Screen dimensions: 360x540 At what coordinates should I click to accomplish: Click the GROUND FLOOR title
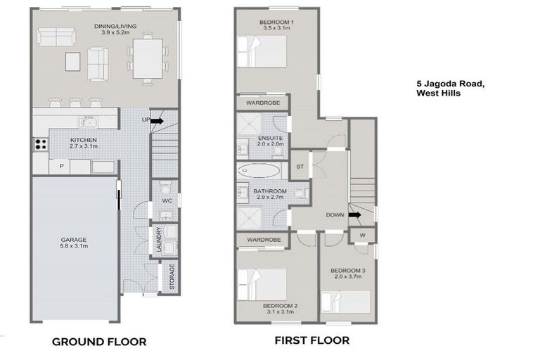coord(99,342)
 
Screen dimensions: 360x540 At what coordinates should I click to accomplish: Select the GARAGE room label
coord(72,240)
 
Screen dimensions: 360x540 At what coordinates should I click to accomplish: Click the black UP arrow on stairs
coord(155,121)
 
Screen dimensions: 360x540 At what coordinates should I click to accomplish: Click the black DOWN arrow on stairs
coord(354,215)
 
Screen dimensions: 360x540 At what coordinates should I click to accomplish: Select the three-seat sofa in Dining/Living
coord(56,37)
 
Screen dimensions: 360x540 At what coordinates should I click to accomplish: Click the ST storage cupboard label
coord(300,167)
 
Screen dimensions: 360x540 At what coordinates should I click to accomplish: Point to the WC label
coord(167,201)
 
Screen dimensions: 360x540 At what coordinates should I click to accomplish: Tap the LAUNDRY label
coord(160,240)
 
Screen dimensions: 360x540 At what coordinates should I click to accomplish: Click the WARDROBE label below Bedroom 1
coord(263,103)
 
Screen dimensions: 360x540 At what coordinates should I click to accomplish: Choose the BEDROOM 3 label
coord(347,270)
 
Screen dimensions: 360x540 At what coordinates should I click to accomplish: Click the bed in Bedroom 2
coord(266,284)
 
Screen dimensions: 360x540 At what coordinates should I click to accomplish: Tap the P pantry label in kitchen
coord(62,167)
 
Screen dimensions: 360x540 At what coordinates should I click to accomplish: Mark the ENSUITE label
coord(270,137)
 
